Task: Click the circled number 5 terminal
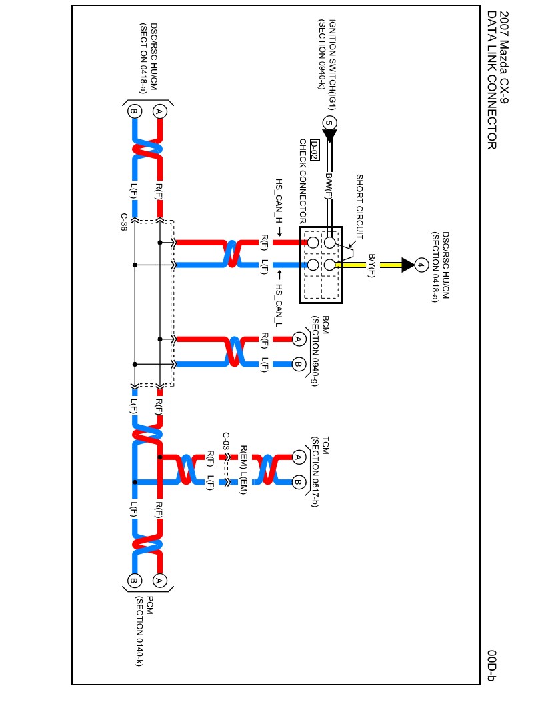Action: click(329, 123)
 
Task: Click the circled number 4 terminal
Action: click(421, 265)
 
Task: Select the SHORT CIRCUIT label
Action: click(359, 207)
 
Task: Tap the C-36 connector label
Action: click(124, 222)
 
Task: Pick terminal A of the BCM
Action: click(298, 339)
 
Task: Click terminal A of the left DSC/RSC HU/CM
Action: click(159, 111)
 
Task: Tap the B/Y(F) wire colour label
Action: click(372, 265)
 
